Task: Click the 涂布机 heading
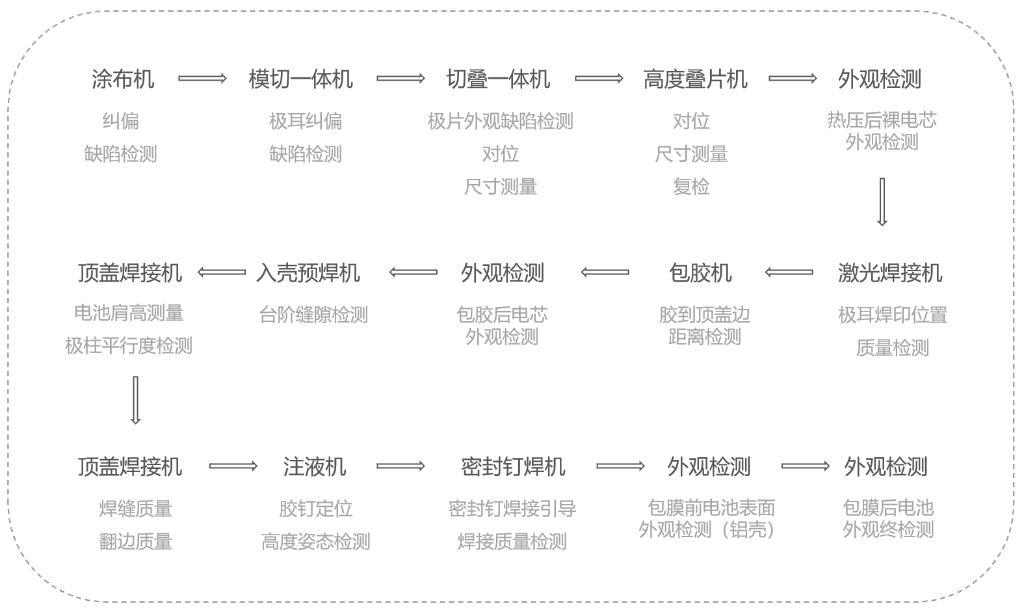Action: pyautogui.click(x=122, y=79)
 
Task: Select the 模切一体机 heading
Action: pyautogui.click(x=300, y=79)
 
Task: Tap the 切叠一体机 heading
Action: pyautogui.click(x=498, y=79)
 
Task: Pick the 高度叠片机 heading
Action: pyautogui.click(x=695, y=79)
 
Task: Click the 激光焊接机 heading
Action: pyautogui.click(x=889, y=273)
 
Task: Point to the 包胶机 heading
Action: pyautogui.click(x=700, y=273)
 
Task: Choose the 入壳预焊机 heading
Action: pyautogui.click(x=308, y=273)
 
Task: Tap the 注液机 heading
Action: pyautogui.click(x=315, y=466)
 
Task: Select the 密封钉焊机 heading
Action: pyautogui.click(x=513, y=466)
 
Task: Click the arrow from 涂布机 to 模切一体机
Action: pyautogui.click(x=202, y=79)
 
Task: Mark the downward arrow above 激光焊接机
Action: pyautogui.click(x=882, y=202)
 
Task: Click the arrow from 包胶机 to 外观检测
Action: pyautogui.click(x=605, y=272)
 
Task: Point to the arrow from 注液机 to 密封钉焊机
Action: pyautogui.click(x=400, y=466)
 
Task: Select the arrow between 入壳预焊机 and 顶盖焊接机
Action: pyautogui.click(x=222, y=272)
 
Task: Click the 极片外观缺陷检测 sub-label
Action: pyautogui.click(x=500, y=121)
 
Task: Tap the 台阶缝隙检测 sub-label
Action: pyautogui.click(x=313, y=315)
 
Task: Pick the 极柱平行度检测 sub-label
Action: pyautogui.click(x=129, y=345)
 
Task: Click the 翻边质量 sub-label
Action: pyautogui.click(x=135, y=541)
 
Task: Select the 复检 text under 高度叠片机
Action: pyautogui.click(x=690, y=187)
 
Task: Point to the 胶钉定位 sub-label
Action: pyautogui.click(x=315, y=508)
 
